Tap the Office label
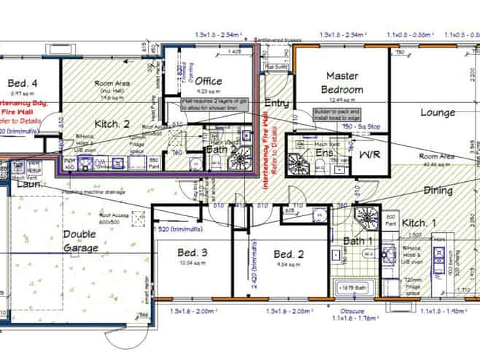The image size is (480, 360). coord(208,81)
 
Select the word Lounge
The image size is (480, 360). coord(438,112)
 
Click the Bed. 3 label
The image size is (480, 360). coord(193,253)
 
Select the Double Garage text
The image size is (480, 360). coord(82,240)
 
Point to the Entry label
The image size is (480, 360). coord(276,103)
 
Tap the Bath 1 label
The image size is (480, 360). coord(359,240)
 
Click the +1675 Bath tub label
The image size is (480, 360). coord(353,288)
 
